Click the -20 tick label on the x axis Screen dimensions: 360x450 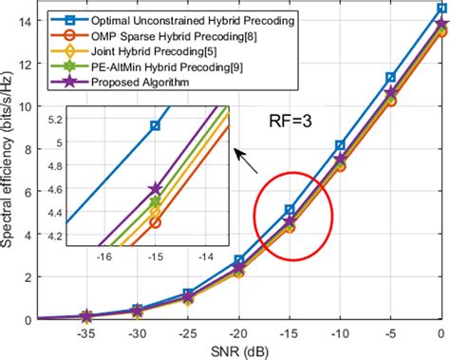pyautogui.click(x=239, y=333)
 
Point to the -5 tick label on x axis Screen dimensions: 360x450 pyautogui.click(x=391, y=333)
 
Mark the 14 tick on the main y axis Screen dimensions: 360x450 pyautogui.click(x=24, y=21)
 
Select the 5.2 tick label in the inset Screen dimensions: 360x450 pyautogui.click(x=83, y=119)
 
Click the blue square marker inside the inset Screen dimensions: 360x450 pyautogui.click(x=156, y=125)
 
